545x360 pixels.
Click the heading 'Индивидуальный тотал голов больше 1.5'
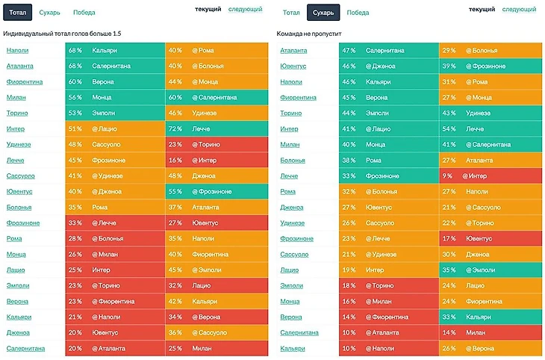(x=62, y=34)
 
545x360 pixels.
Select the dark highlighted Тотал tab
(x=18, y=12)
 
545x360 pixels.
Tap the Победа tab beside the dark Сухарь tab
(x=358, y=13)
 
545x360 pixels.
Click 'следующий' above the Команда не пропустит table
(x=518, y=10)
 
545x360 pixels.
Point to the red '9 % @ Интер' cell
(x=490, y=176)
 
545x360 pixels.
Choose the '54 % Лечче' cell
(x=490, y=128)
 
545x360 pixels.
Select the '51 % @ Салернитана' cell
(x=490, y=144)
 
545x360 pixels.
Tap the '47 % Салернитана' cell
(x=388, y=50)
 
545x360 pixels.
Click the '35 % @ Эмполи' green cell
(x=490, y=270)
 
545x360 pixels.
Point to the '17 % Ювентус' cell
(x=490, y=238)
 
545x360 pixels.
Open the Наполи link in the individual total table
(x=17, y=50)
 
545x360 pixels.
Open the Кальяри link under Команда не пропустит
(x=292, y=348)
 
